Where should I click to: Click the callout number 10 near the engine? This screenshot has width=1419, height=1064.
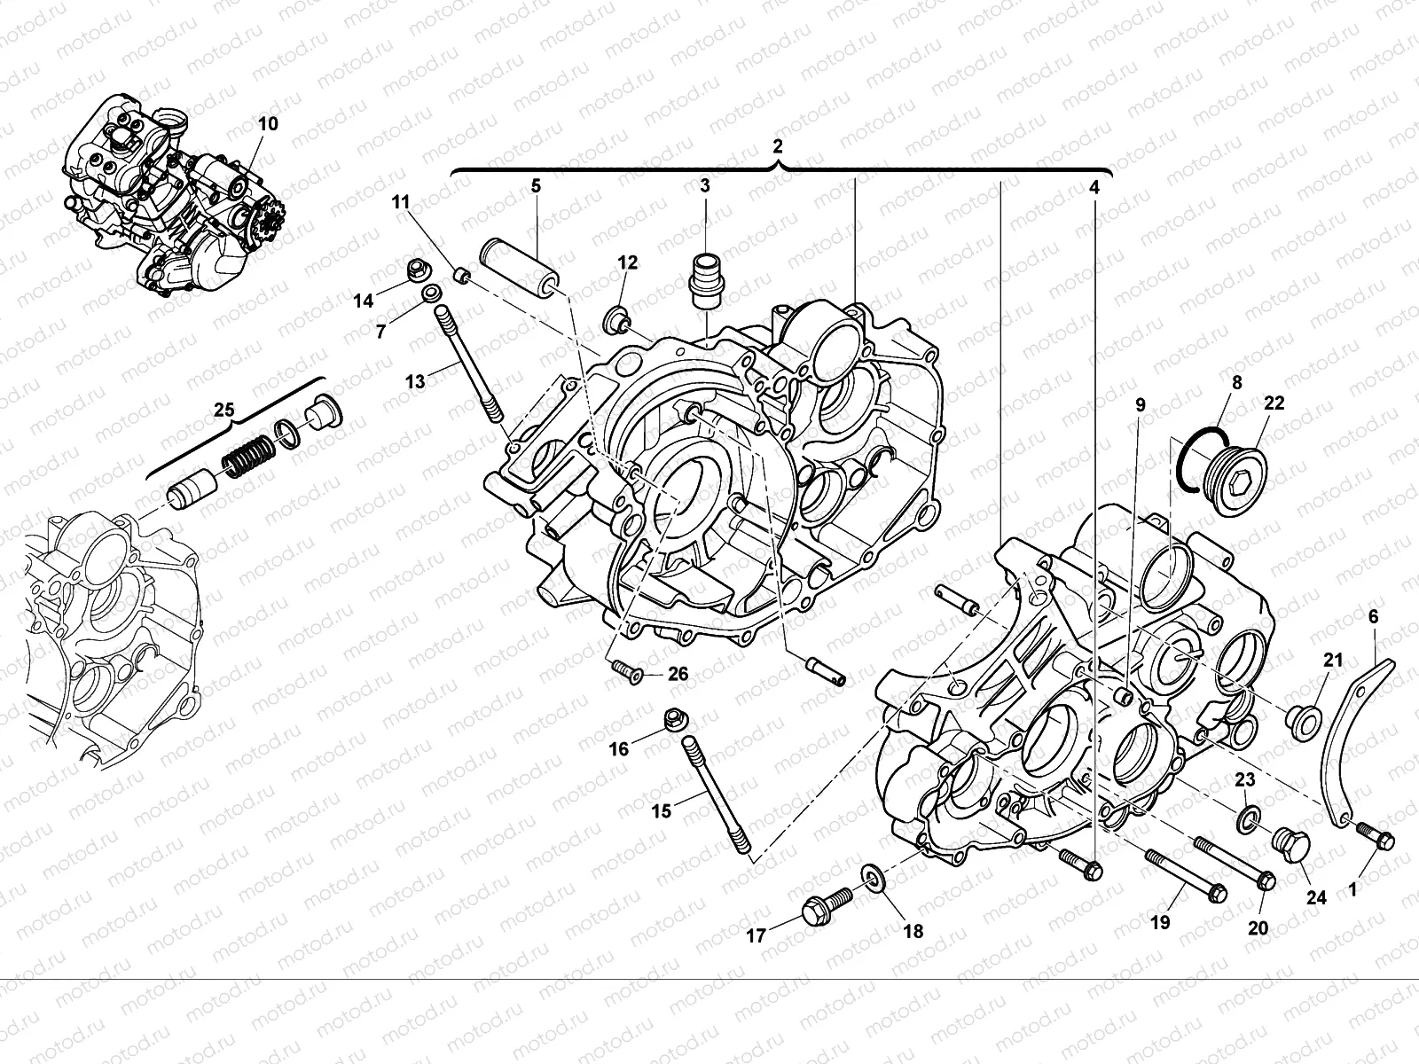[x=267, y=123]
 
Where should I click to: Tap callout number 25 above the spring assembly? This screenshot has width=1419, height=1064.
[x=224, y=411]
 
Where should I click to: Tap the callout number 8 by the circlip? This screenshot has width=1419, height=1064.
[x=1236, y=384]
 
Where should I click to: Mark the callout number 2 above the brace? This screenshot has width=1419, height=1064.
[x=777, y=145]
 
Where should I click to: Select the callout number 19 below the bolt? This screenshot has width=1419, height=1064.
[x=1160, y=922]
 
